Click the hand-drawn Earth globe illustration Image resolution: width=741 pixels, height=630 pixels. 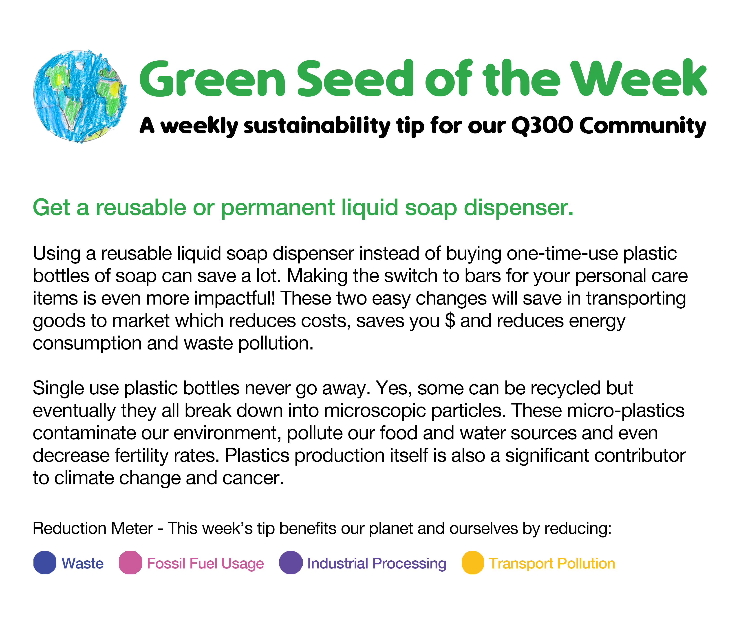point(80,96)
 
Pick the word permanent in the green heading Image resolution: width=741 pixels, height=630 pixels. point(278,208)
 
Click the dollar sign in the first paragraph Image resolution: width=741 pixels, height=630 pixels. point(450,320)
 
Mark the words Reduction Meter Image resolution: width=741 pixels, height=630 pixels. point(93,528)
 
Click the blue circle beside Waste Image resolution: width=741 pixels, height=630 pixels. point(45,563)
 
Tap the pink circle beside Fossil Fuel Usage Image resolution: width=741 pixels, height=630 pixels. point(130,563)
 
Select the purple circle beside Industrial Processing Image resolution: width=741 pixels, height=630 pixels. point(291,563)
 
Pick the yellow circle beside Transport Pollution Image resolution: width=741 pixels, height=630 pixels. point(473,563)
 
